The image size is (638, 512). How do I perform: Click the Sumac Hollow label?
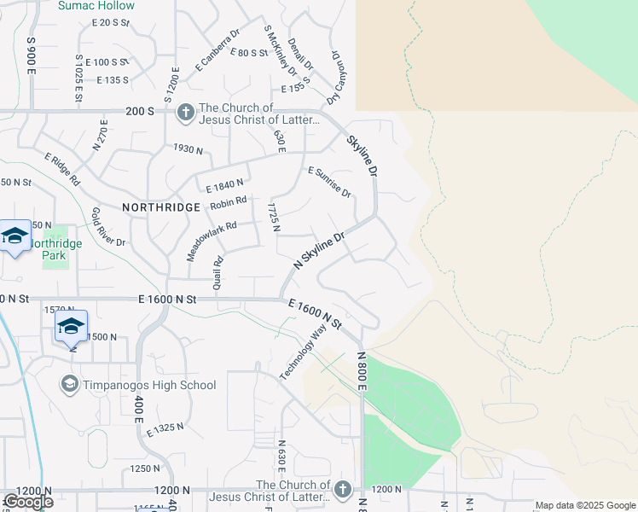[x=96, y=6]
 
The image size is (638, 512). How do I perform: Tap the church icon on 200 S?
[x=184, y=113]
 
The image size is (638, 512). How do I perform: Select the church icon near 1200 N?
[x=342, y=489]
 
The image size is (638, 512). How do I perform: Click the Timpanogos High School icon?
[x=69, y=385]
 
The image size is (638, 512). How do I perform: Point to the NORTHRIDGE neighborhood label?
[x=161, y=207]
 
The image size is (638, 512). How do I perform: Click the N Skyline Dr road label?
[x=318, y=251]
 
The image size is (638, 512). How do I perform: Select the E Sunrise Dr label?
[x=329, y=182]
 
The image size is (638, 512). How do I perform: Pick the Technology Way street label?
[x=303, y=352]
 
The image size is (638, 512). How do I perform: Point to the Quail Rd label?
[x=218, y=272]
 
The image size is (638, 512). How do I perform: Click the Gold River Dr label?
[x=107, y=226]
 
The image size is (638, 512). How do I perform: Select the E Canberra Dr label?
[x=217, y=49]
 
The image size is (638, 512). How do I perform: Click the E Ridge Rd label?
[x=62, y=170]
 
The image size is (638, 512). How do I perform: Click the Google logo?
[x=27, y=502]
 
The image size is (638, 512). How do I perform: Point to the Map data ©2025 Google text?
[x=586, y=505]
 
